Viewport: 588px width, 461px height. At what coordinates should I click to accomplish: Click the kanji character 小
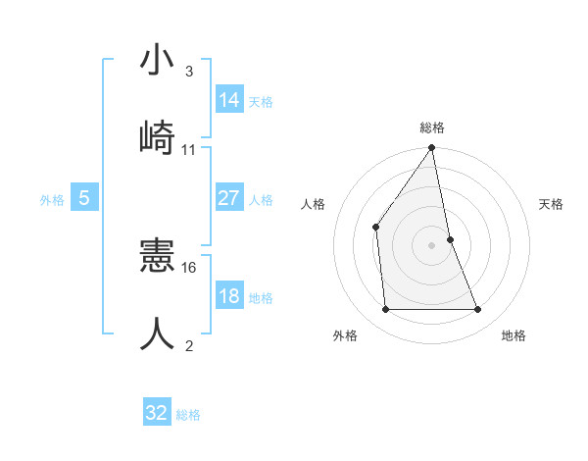(158, 61)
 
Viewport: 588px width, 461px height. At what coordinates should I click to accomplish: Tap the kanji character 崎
(158, 137)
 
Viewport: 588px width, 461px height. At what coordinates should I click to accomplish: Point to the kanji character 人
(158, 333)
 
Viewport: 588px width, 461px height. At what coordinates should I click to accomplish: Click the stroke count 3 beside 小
(188, 72)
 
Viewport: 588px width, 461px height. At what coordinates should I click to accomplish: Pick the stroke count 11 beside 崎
(189, 150)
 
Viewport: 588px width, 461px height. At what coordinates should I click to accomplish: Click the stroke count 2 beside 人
(188, 344)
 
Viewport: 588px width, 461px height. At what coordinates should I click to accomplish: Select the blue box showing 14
(228, 99)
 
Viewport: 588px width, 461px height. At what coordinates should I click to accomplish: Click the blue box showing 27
(228, 198)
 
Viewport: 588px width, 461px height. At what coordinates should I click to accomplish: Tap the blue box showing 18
(228, 296)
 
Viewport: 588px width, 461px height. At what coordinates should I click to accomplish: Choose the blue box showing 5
(84, 198)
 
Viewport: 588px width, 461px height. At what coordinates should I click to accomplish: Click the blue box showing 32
(157, 413)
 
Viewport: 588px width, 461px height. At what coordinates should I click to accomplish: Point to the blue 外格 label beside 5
(52, 200)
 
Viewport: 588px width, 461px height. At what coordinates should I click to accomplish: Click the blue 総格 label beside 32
(188, 415)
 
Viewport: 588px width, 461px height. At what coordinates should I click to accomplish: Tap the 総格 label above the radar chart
(432, 128)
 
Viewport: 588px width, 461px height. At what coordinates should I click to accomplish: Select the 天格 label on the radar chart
(551, 204)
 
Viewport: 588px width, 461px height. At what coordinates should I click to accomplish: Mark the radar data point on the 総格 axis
(432, 148)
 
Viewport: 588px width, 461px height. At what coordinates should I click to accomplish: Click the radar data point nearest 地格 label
(478, 309)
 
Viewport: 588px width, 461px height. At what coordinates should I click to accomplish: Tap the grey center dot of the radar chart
(432, 244)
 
